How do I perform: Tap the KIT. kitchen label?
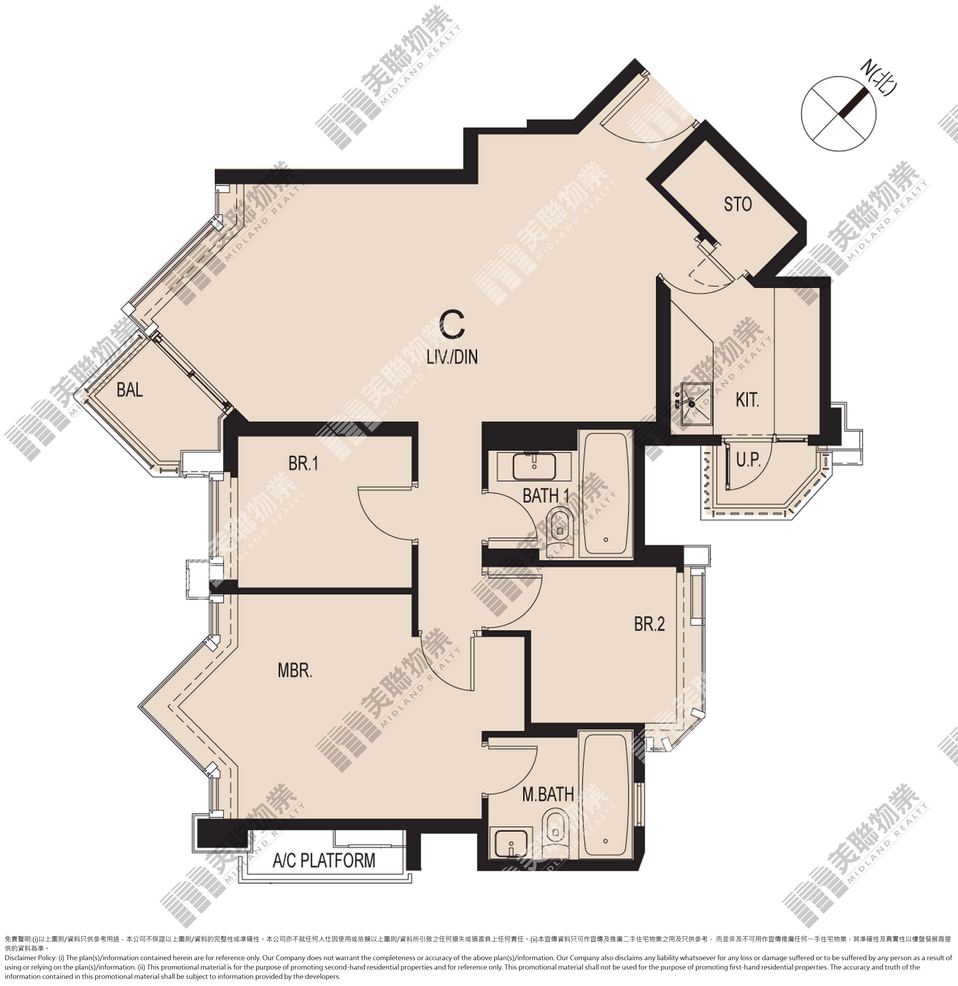click(x=747, y=400)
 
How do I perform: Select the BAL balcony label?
click(x=130, y=389)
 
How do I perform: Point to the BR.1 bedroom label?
click(x=303, y=463)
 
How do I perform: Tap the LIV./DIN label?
click(x=452, y=357)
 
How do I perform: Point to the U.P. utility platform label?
click(x=748, y=459)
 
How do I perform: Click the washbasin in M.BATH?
click(x=511, y=844)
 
